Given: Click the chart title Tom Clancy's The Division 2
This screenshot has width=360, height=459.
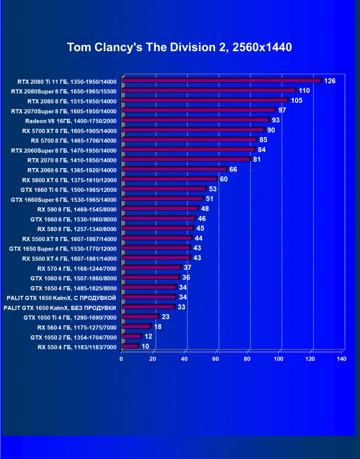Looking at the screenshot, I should click(179, 47).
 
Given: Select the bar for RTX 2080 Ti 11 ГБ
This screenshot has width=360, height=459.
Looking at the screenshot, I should click(221, 81).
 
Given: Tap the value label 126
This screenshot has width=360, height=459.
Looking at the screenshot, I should click(330, 81).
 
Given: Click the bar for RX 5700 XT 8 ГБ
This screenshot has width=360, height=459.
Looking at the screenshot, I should click(193, 130).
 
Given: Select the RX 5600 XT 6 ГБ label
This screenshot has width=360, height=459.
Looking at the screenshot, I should click(69, 180).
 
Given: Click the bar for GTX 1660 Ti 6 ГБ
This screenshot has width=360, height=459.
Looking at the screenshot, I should click(164, 189).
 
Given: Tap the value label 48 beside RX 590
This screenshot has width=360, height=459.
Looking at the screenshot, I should click(205, 208).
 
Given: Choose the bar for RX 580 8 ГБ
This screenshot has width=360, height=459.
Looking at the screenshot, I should click(158, 228).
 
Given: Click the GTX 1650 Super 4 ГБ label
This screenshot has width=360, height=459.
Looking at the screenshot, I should click(63, 248).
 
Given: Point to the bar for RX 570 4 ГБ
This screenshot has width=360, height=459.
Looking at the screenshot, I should click(151, 268).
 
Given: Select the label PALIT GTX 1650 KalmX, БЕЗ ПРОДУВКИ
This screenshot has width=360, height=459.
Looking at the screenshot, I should click(60, 307).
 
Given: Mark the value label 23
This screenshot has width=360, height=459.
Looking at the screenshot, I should click(165, 317).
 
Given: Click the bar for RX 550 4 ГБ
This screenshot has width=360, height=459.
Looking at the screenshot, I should click(130, 347).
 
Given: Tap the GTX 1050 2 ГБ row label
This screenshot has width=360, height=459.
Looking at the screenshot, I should click(73, 337).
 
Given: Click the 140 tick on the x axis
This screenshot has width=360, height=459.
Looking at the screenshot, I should click(342, 359).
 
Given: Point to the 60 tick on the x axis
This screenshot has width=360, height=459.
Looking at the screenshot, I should click(216, 359).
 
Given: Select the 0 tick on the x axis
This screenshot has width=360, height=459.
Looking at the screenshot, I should click(122, 359).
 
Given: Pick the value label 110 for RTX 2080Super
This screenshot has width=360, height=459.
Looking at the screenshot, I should click(304, 90).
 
